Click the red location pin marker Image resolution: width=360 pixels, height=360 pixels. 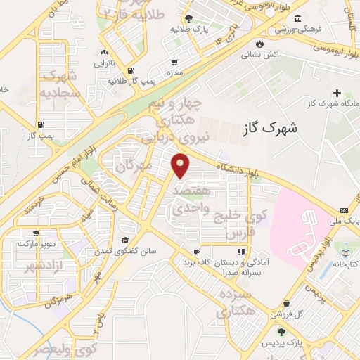pos(181,165)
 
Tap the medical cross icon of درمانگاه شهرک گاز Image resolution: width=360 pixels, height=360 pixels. pos(337,93)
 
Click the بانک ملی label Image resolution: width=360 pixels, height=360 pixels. pos(348,220)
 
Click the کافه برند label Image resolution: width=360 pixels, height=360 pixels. pos(198,262)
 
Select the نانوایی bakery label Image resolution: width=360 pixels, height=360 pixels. pos(104,62)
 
